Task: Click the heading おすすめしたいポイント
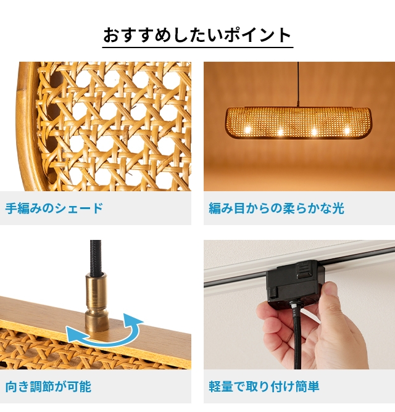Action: pos(197,35)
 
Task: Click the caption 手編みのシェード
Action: pos(54,208)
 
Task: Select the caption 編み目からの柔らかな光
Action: pos(276,208)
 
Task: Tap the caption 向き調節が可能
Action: pos(48,387)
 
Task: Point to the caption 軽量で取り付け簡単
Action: pos(264,387)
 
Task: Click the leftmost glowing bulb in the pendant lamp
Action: pos(247,130)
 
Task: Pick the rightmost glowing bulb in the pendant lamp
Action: pos(347,130)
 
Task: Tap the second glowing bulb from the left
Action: pos(280,131)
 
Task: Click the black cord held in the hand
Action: pos(297,339)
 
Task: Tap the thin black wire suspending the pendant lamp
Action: pos(298,84)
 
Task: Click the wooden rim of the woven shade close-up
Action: pos(26,126)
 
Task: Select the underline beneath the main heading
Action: pos(197,47)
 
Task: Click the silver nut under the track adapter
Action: pos(293,304)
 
